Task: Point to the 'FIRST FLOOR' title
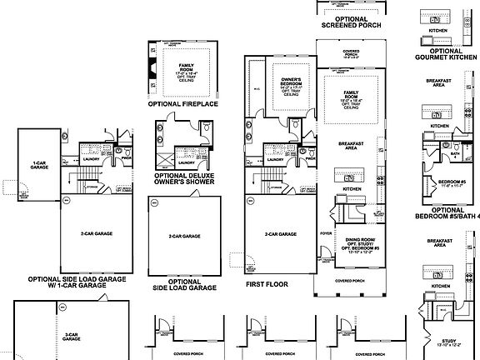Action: [x=268, y=283]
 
